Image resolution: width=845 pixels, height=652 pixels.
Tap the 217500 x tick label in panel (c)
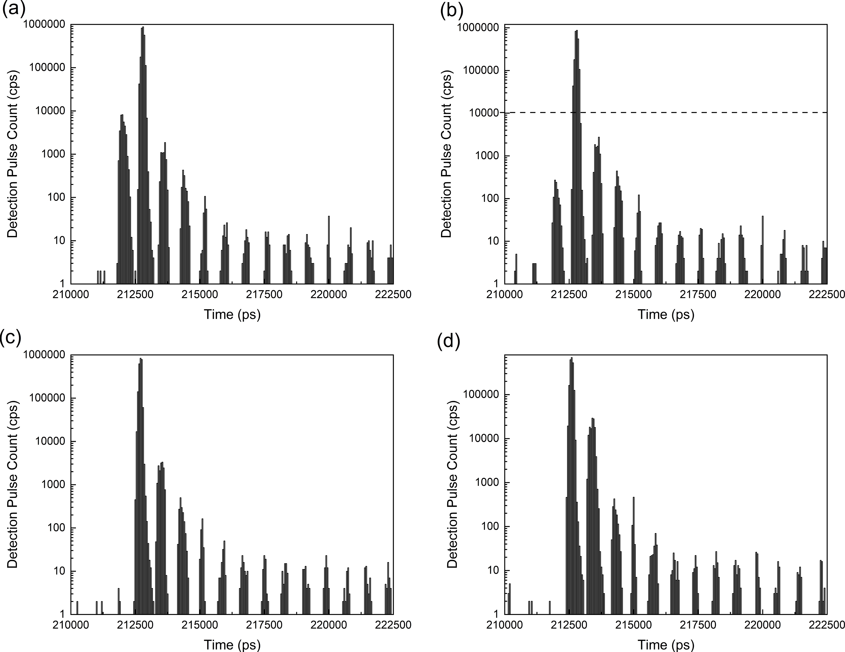(x=264, y=625)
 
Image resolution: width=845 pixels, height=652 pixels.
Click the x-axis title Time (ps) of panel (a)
(x=232, y=314)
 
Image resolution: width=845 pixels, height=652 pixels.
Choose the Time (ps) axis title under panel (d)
(x=666, y=645)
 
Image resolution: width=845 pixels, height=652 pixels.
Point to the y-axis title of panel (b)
(x=446, y=154)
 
